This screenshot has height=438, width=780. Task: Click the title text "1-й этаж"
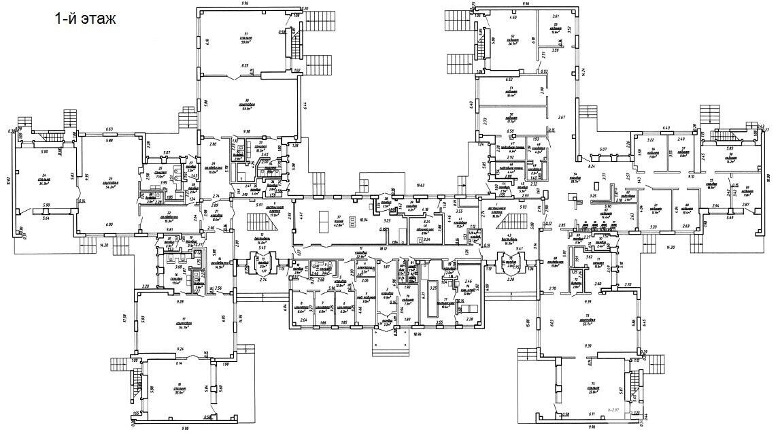pos(85,19)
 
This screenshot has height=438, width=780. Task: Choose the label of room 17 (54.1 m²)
pos(182,324)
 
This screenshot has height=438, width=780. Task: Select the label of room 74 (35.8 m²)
pos(593,390)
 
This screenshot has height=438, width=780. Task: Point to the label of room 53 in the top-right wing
pos(556,29)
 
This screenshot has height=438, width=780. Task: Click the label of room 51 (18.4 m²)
pos(510,91)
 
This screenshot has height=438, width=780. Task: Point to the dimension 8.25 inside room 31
pos(245,65)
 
